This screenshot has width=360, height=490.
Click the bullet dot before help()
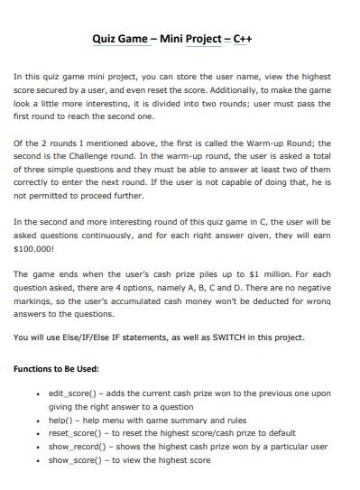click(x=36, y=421)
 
